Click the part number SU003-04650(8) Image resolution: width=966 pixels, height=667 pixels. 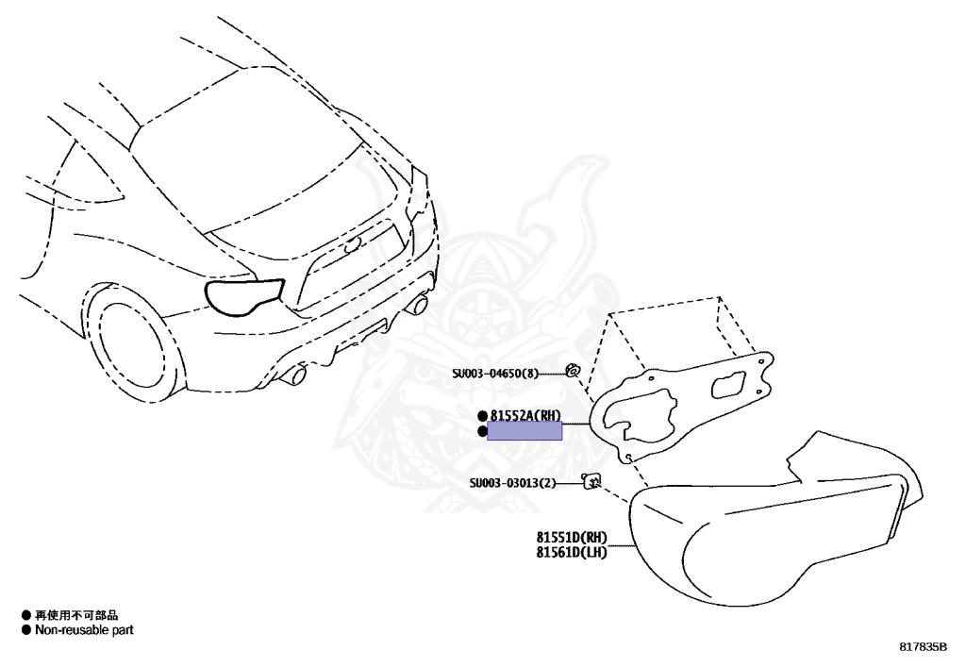pos(494,373)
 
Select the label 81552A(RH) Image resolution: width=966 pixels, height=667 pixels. pos(525,415)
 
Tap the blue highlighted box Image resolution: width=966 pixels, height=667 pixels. pos(525,431)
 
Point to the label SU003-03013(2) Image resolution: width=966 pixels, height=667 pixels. pos(513,484)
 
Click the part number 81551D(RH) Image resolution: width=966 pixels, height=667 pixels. pos(572,538)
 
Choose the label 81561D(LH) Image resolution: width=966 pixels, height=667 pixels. pos(572,553)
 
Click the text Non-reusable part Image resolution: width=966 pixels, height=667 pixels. pos(84,629)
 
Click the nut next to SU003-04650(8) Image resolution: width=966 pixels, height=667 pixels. pos(572,370)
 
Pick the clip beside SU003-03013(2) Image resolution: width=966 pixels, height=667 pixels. pos(591,482)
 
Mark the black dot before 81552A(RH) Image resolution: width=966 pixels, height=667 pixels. pos(483,415)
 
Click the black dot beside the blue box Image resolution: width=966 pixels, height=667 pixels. pos(483,431)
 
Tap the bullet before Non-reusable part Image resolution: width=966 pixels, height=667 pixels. pos(26,629)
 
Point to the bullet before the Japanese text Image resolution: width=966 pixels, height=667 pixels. pos(26,615)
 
